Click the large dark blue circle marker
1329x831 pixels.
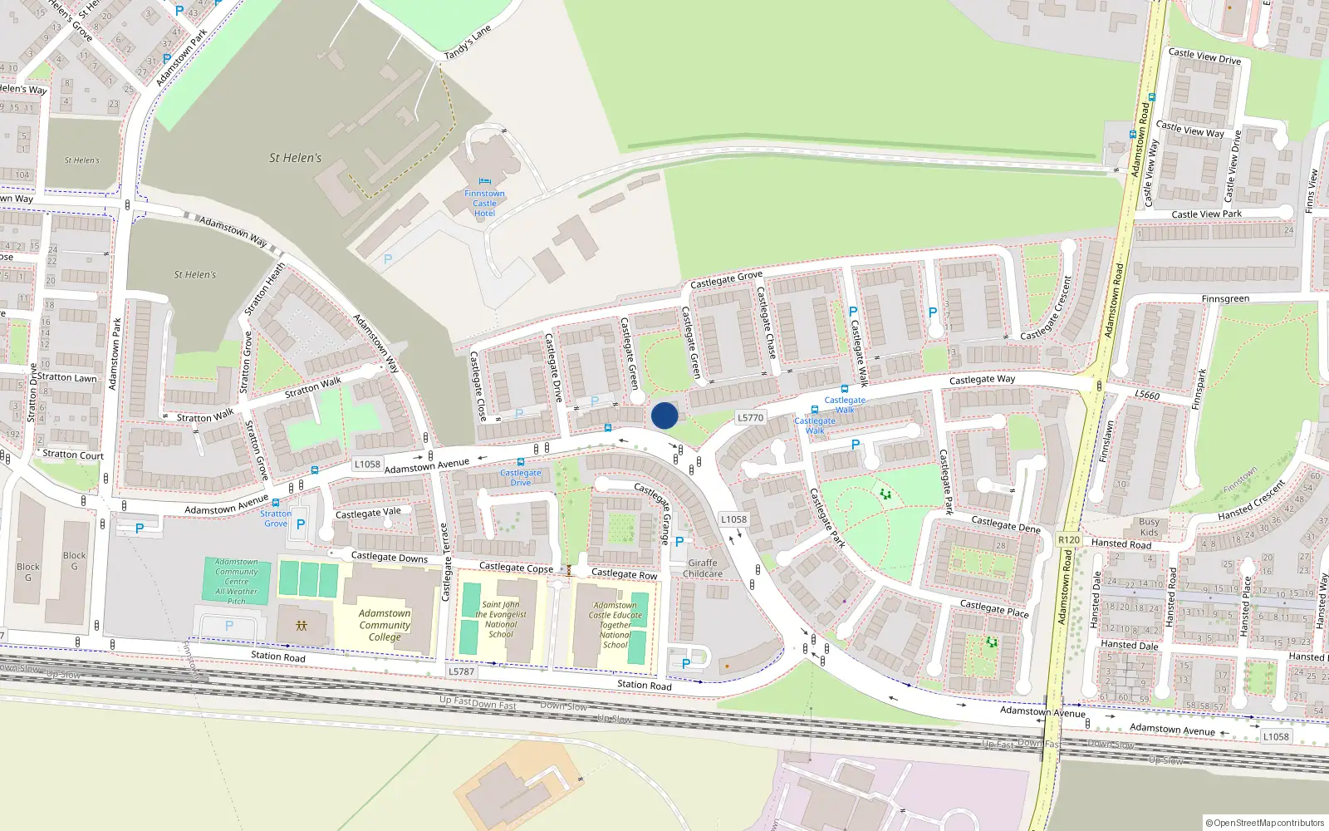pyautogui.click(x=664, y=415)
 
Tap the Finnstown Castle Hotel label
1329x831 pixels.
pyautogui.click(x=484, y=204)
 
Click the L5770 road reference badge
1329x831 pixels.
pyautogui.click(x=750, y=418)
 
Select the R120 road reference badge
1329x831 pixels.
pyautogui.click(x=1069, y=540)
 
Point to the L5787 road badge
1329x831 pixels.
pyautogui.click(x=461, y=671)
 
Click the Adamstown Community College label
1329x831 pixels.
pyautogui.click(x=385, y=625)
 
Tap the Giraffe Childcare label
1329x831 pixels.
pyautogui.click(x=703, y=568)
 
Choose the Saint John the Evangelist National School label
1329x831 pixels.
pyautogui.click(x=501, y=620)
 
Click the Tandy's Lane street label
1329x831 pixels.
pyautogui.click(x=468, y=42)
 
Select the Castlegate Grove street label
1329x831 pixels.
pyautogui.click(x=726, y=279)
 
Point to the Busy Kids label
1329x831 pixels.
pyautogui.click(x=1149, y=528)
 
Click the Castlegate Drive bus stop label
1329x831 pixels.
pyautogui.click(x=520, y=478)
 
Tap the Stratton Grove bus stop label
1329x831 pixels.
pyautogui.click(x=276, y=519)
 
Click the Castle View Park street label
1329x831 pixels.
pyautogui.click(x=1206, y=214)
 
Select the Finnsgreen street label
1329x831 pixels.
pyautogui.click(x=1224, y=299)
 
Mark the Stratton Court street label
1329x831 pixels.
pyautogui.click(x=73, y=455)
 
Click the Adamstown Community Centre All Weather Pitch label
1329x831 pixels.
pyautogui.click(x=237, y=582)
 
